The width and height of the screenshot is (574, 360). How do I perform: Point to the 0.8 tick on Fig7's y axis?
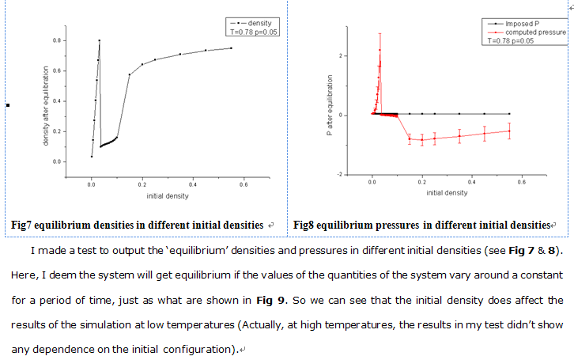click(x=79, y=40)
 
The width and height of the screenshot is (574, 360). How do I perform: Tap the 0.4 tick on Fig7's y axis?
click(x=79, y=100)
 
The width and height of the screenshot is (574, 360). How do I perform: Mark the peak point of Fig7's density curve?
click(x=100, y=40)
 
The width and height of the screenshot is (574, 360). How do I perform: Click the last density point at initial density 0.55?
click(x=231, y=48)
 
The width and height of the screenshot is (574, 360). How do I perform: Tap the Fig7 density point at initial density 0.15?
click(x=129, y=74)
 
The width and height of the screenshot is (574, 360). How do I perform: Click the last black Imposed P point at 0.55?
click(x=509, y=114)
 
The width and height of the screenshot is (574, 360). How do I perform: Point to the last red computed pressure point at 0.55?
click(x=509, y=131)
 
